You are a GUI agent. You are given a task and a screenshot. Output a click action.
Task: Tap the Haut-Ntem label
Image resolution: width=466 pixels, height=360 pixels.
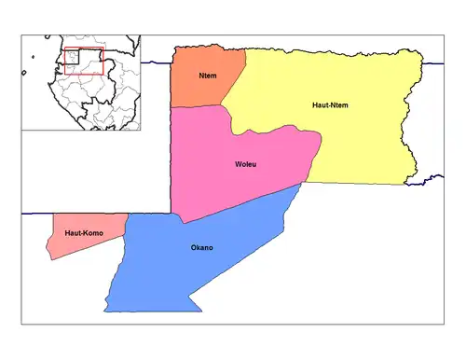(330, 105)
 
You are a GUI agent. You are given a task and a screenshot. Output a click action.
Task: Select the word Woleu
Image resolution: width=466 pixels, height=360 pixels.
(246, 165)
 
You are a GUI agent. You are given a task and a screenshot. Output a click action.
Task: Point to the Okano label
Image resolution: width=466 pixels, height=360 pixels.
(201, 247)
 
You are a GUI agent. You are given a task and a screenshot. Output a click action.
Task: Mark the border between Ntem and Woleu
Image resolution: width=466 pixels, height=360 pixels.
(200, 106)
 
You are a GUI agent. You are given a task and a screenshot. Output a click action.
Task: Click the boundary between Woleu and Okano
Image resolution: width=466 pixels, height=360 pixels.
(242, 204)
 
